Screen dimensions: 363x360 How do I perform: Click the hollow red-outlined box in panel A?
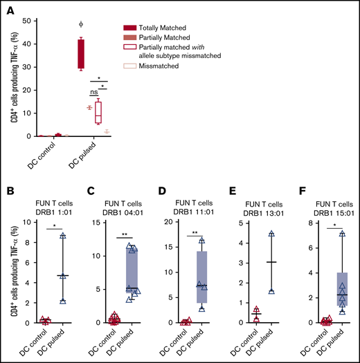pyautogui.click(x=98, y=111)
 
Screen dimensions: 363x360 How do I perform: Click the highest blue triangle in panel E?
pyautogui.click(x=271, y=234)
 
